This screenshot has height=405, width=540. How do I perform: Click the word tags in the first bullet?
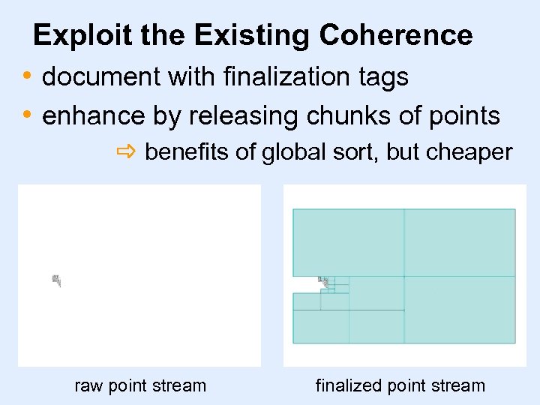point(382,77)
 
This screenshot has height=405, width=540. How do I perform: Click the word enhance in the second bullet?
point(94,115)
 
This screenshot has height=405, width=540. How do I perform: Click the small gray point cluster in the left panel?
point(55,280)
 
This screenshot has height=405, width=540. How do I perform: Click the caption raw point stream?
point(140,385)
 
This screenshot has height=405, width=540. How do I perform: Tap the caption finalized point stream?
point(400,385)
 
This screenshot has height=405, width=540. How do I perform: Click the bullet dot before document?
point(27,75)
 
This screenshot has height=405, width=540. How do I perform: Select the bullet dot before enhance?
point(27,114)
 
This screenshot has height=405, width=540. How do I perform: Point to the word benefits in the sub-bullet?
point(187,153)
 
